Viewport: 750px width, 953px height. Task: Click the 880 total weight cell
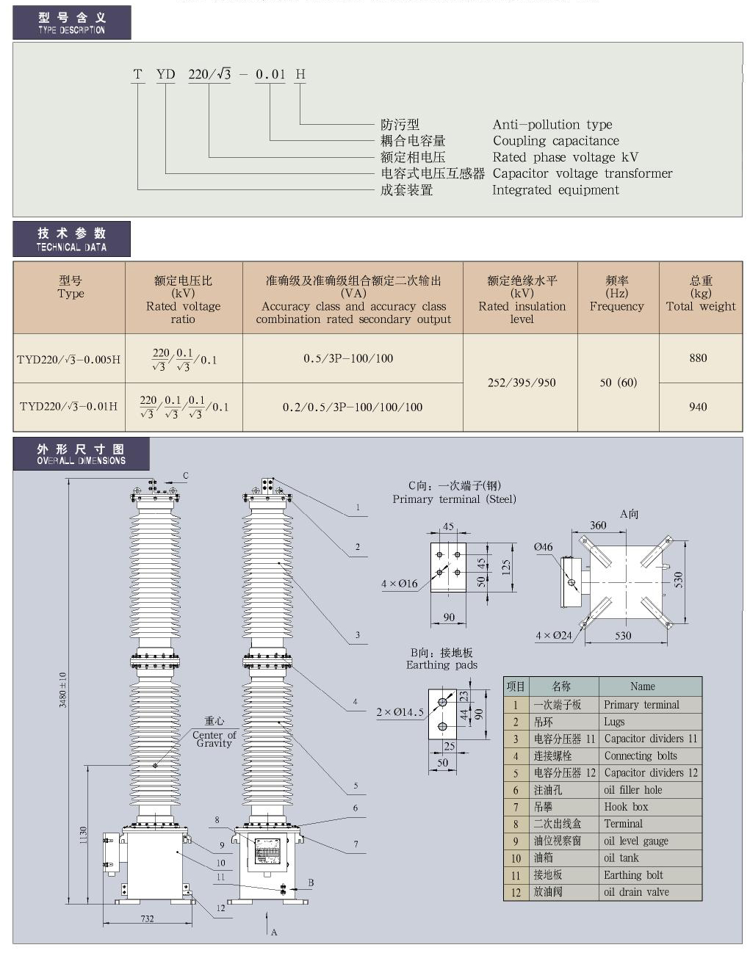click(698, 358)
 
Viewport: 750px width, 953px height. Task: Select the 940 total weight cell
click(698, 407)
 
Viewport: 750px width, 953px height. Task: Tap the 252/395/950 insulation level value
click(522, 383)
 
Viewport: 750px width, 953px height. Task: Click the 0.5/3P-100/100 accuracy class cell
click(348, 358)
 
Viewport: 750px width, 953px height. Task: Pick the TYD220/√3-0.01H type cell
click(68, 406)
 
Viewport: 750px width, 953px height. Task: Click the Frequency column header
click(616, 294)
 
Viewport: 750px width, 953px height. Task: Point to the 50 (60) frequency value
click(618, 383)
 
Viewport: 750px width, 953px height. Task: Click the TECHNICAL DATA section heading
click(72, 239)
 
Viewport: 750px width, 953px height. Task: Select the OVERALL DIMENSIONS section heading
click(81, 454)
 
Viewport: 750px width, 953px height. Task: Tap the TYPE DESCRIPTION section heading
click(72, 23)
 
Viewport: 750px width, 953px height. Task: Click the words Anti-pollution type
click(552, 125)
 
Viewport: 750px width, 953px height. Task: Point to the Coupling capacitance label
click(555, 141)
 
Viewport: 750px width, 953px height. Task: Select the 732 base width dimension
click(147, 918)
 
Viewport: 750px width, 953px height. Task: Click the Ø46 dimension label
click(543, 547)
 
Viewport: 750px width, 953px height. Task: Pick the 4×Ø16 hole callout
click(399, 584)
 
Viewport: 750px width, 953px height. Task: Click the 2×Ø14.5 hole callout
click(400, 712)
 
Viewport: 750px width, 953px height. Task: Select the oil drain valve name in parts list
click(636, 892)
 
